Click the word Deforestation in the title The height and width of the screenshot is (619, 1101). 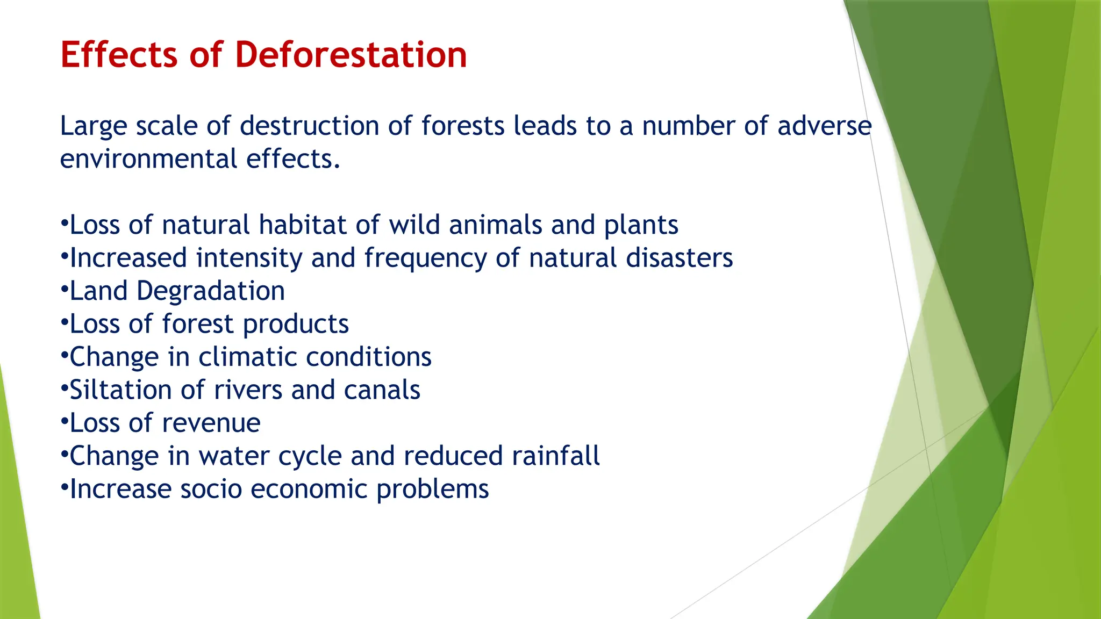click(x=351, y=55)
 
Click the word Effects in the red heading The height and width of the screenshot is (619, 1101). click(x=119, y=55)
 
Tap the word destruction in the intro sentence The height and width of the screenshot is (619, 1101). click(x=309, y=126)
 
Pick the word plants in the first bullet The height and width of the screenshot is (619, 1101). click(x=641, y=226)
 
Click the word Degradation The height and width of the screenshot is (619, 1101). click(x=210, y=291)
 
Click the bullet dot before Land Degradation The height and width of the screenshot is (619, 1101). click(x=64, y=290)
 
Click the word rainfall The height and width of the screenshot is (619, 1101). click(x=555, y=456)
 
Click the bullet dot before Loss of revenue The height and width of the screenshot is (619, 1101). click(x=64, y=422)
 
